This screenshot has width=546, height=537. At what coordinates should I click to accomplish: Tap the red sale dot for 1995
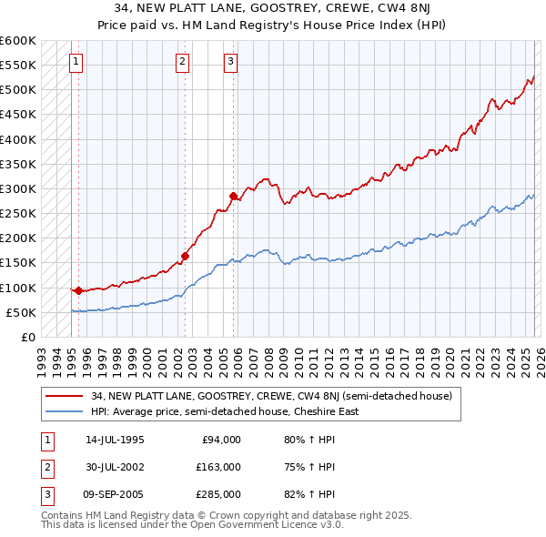(x=78, y=291)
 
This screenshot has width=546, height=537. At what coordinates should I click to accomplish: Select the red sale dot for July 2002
(x=185, y=257)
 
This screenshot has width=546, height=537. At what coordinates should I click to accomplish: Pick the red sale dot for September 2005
(x=234, y=196)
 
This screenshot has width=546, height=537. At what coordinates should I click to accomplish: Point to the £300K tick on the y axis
(x=18, y=189)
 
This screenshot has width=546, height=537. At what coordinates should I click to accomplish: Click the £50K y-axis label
(x=21, y=313)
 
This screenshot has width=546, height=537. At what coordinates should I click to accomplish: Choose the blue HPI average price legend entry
(x=224, y=411)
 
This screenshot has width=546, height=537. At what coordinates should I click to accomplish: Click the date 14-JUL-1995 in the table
(x=115, y=439)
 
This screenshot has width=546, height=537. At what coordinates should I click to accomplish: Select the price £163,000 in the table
(x=218, y=467)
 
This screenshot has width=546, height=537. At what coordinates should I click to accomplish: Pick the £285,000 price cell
(x=218, y=495)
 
